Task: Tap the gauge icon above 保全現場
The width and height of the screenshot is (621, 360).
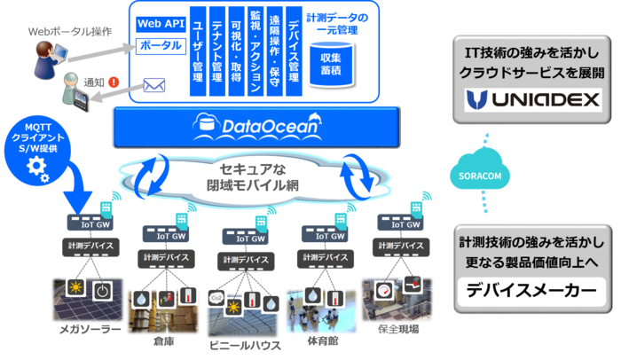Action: pyautogui.click(x=383, y=288)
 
